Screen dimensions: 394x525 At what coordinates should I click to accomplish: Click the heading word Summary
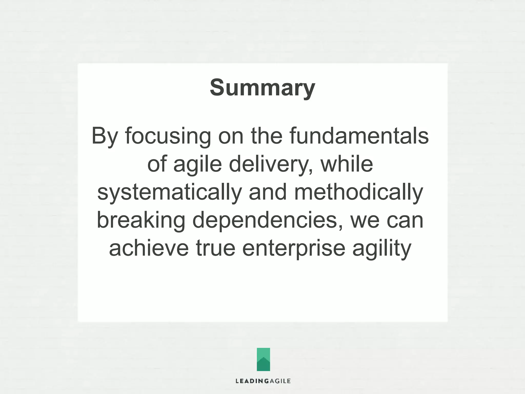tap(262, 88)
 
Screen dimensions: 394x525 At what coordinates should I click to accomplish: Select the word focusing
tap(168, 136)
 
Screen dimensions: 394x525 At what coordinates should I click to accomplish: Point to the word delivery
tap(271, 164)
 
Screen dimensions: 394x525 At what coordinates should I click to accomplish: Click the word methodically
tap(358, 192)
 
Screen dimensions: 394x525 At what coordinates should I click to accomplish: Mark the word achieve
tap(149, 248)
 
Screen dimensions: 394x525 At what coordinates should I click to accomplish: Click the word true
tap(216, 248)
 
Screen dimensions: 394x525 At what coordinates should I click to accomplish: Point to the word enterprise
tap(294, 248)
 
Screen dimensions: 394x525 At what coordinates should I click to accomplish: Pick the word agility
tap(382, 248)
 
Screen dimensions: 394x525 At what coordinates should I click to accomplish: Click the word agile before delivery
tap(197, 164)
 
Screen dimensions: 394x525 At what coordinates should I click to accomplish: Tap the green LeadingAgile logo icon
tap(263, 359)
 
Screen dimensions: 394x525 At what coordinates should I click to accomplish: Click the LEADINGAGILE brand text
tap(263, 381)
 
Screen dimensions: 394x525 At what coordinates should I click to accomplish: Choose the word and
tap(268, 192)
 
